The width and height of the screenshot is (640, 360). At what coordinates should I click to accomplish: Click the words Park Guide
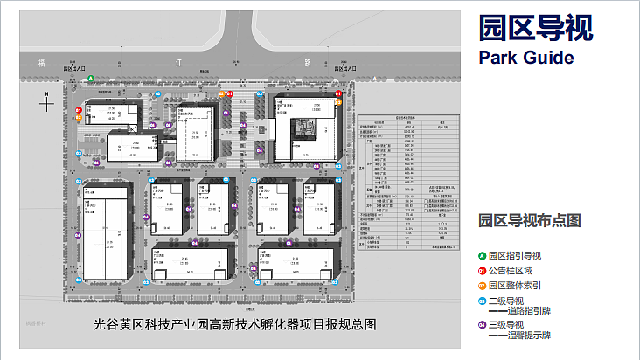[x=526, y=58]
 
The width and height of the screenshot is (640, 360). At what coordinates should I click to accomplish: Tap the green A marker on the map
[x=91, y=80]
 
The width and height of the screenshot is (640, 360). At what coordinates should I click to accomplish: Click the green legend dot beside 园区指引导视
[x=483, y=255]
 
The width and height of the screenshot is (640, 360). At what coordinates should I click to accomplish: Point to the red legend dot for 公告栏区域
[x=483, y=270]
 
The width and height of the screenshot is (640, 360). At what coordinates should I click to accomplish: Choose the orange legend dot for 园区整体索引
[x=483, y=285]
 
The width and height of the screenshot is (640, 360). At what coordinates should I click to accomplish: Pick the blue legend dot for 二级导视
[x=483, y=301]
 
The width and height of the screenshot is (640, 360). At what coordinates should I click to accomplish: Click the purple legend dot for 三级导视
[x=483, y=324]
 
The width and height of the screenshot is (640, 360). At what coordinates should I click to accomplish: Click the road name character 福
[x=41, y=63]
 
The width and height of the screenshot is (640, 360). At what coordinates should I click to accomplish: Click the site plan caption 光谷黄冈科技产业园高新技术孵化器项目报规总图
[x=234, y=324]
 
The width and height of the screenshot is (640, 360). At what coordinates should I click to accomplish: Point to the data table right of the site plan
[x=408, y=183]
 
